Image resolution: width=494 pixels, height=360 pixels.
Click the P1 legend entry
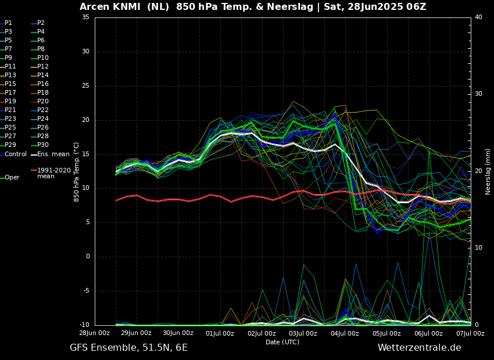8,23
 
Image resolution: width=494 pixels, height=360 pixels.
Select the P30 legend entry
43,145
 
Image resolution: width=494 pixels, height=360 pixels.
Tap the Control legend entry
16,154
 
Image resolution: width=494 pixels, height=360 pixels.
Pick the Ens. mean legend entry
53,154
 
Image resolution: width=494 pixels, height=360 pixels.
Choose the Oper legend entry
12,178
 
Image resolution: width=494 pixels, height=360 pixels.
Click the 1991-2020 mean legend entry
53,173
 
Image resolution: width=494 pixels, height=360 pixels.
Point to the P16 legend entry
43,84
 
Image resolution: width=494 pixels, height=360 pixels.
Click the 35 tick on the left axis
85,17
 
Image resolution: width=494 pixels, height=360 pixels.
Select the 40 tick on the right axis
478,17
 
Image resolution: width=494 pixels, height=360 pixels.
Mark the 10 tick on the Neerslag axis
478,248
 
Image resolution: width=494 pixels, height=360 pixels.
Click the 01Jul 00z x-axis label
220,333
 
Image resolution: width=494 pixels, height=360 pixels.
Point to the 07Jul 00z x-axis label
470,333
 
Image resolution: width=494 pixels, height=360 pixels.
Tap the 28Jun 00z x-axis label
95,333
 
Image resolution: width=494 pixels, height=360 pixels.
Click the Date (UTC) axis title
282,342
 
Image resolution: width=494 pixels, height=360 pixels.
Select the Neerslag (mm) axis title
488,171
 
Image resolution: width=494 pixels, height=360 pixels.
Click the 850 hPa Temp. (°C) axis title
77,171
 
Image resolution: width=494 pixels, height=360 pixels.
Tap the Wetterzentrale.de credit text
419,348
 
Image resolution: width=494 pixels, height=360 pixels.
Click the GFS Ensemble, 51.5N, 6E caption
128,348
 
